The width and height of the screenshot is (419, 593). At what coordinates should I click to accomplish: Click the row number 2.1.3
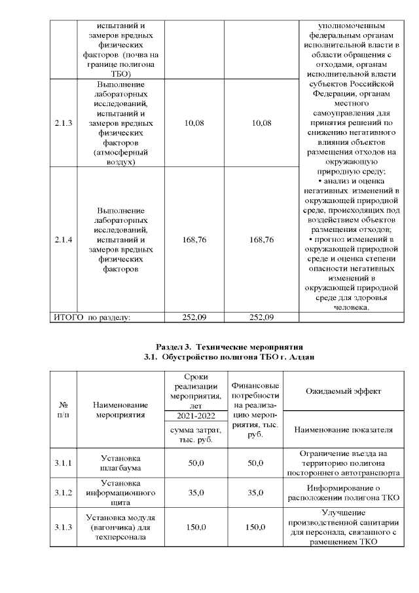pos(64,123)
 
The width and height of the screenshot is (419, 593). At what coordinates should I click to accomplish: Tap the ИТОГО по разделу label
pos(92,317)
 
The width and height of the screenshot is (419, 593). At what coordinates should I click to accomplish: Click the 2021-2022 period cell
pos(196,416)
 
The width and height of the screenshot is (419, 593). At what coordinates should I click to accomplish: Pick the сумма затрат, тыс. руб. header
pos(196,434)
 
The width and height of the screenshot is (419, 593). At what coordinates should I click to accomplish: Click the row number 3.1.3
pos(64,526)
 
